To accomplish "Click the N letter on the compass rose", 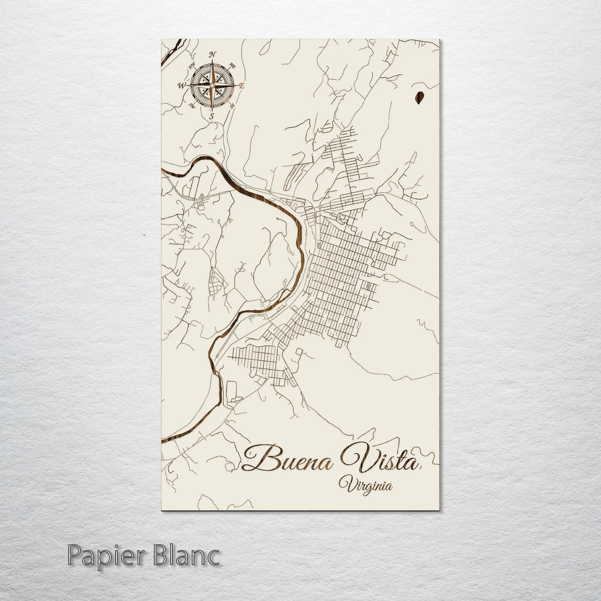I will click(212, 55).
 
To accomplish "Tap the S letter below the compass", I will click(211, 116).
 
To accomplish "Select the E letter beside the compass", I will click(242, 86).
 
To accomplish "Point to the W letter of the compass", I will click(181, 86).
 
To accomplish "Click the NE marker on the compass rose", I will click(232, 65).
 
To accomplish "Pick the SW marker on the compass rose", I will click(191, 106).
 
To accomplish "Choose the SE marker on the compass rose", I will click(232, 105).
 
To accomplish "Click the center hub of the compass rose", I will click(211, 85).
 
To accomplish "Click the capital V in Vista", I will click(353, 456).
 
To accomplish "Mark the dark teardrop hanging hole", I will click(420, 98).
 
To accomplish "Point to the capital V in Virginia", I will click(346, 484).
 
